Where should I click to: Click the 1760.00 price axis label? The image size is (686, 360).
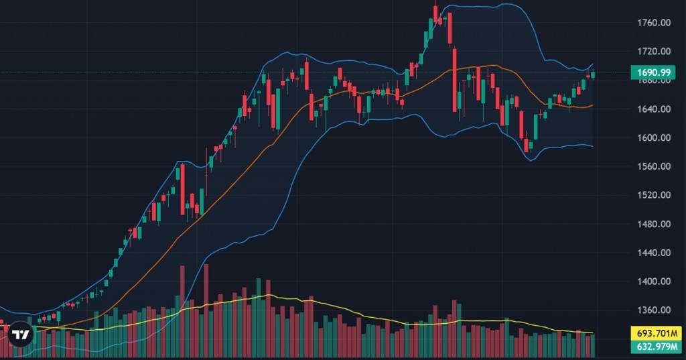click(x=655, y=23)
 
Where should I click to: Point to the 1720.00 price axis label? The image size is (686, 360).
click(x=655, y=52)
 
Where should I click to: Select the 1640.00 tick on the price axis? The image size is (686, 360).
click(x=655, y=109)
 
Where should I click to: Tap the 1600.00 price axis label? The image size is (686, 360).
click(x=655, y=138)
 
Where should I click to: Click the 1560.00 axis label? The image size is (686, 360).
click(x=655, y=167)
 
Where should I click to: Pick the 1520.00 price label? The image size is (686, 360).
click(x=655, y=196)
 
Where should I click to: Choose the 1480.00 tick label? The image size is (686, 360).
click(x=655, y=225)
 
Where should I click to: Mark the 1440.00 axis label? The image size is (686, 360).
click(x=655, y=253)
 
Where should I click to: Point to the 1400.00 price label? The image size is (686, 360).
click(x=655, y=282)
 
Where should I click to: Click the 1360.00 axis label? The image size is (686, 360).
click(x=655, y=311)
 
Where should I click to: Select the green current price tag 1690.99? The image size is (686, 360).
click(x=653, y=72)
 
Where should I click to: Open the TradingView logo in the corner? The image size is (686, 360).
click(x=20, y=334)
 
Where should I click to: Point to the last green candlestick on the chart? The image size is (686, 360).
click(x=593, y=74)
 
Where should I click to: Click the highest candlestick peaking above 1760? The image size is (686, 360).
click(x=435, y=13)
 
